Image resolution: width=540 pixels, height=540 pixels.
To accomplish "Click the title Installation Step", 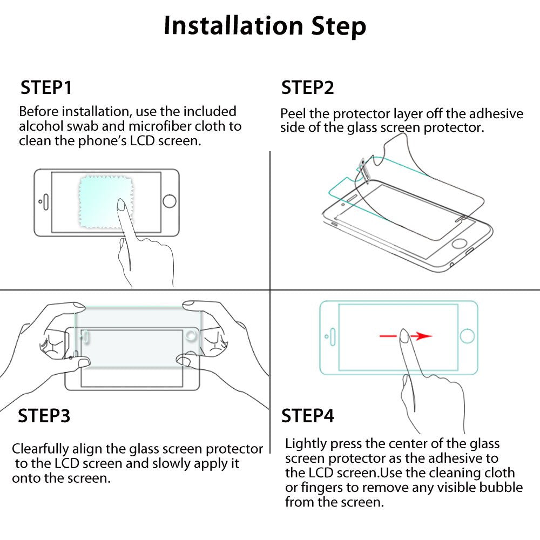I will (265, 26).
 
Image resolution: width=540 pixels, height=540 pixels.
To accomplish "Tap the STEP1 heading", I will (46, 87).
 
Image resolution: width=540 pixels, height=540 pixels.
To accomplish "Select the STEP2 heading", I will (307, 87).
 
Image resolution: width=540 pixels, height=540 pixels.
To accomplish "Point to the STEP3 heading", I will (44, 416).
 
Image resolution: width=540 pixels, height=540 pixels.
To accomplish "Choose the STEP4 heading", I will (307, 416).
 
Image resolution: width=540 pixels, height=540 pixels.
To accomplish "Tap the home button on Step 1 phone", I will (169, 201).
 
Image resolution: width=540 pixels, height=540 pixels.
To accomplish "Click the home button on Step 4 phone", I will (468, 336).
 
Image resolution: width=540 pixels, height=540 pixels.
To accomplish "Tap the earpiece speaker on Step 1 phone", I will (45, 202).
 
